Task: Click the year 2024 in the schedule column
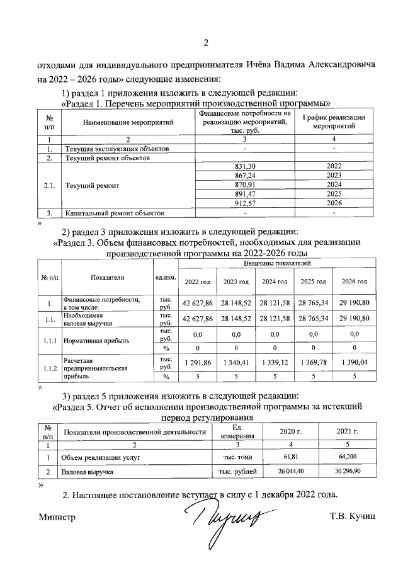point(334,184)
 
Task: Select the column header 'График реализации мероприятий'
point(334,122)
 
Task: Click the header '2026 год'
point(354,282)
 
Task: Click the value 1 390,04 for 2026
point(354,363)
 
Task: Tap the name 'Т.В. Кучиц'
point(353,517)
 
